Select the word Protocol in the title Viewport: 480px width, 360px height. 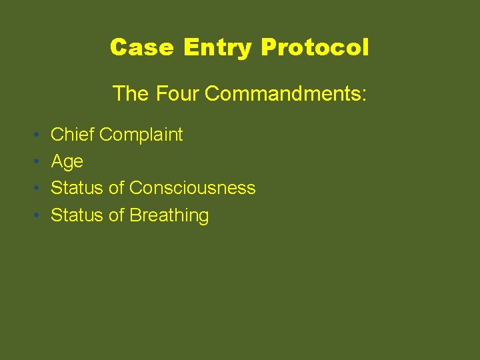click(x=315, y=47)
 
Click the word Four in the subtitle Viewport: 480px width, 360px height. click(x=178, y=94)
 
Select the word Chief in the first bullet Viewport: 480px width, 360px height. click(x=73, y=135)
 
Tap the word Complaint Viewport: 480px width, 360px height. click(x=141, y=135)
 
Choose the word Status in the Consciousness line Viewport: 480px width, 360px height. click(x=77, y=188)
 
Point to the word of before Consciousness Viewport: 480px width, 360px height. click(x=117, y=188)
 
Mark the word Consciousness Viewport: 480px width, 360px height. click(x=193, y=188)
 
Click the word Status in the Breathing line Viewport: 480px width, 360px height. click(x=77, y=215)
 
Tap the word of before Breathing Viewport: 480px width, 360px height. click(x=117, y=215)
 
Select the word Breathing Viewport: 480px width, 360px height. click(x=169, y=216)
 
